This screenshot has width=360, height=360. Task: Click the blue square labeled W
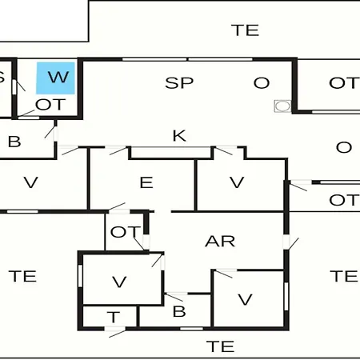55,78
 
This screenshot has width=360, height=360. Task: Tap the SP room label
179,83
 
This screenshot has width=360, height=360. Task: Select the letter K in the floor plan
179,136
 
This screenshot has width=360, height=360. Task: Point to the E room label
146,182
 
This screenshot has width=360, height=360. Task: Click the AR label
220,242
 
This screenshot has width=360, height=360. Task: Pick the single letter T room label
114,317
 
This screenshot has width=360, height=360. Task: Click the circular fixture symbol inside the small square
282,106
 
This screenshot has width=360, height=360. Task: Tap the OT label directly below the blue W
50,104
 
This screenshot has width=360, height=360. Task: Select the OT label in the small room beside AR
126,232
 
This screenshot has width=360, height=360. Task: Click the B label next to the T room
179,311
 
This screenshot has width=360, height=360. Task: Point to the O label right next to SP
262,83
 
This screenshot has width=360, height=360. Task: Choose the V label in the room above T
119,282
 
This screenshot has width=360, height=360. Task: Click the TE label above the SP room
245,30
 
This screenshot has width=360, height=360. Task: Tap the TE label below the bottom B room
220,346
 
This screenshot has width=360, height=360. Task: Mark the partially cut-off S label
2,78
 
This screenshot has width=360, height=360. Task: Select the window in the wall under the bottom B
191,329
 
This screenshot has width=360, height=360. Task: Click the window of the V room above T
80,276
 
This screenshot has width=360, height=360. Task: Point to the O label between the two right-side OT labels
344,147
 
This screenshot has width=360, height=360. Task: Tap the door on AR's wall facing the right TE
290,242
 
